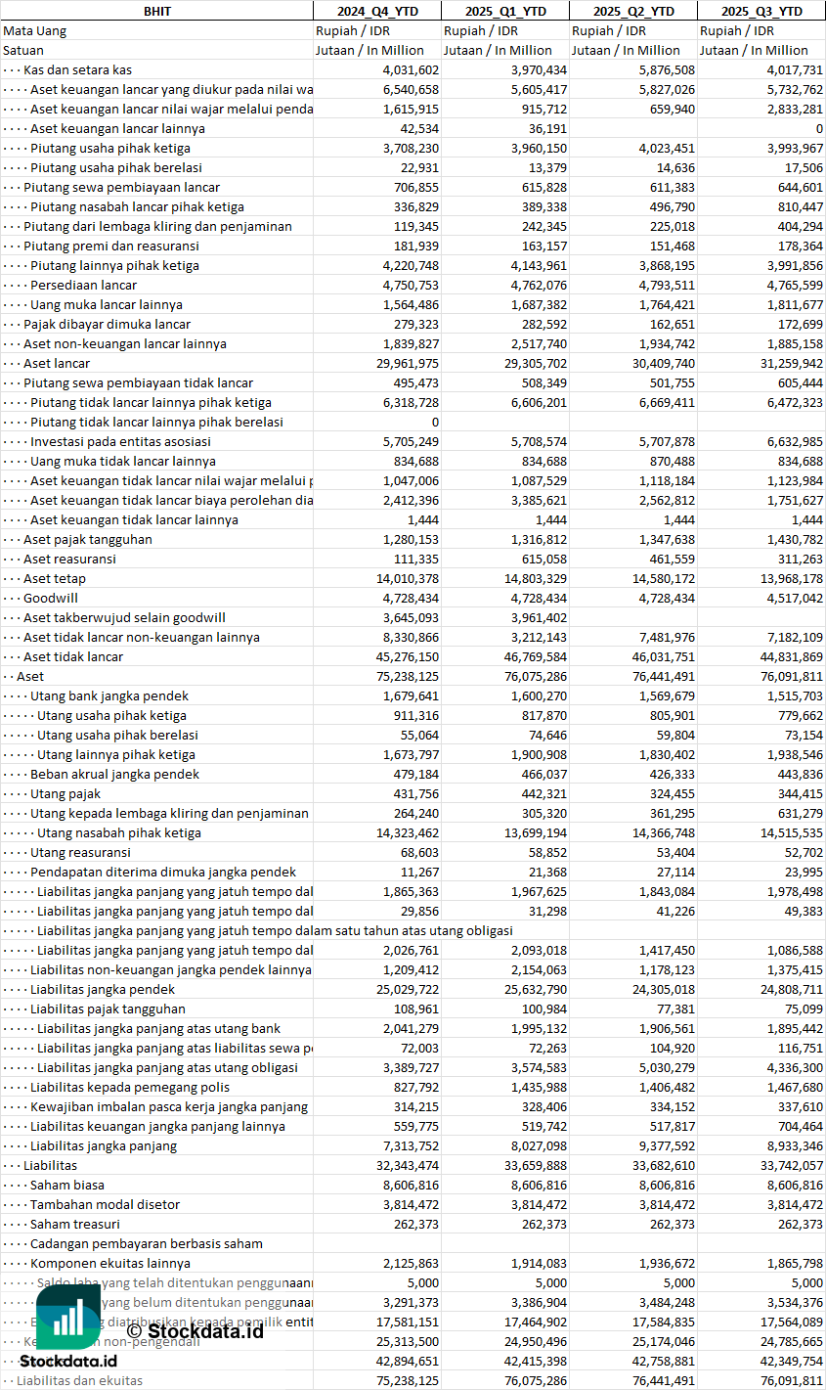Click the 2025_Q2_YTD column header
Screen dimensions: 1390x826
633,11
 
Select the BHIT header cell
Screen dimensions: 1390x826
156,11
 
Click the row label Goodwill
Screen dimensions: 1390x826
51,598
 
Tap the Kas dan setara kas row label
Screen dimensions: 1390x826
77,69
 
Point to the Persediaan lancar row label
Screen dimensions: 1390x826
83,285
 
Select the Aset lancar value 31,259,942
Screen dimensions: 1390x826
790,363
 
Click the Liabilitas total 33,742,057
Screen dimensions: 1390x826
790,1165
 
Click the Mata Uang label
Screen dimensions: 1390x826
34,30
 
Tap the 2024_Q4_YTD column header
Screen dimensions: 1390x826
376,11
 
